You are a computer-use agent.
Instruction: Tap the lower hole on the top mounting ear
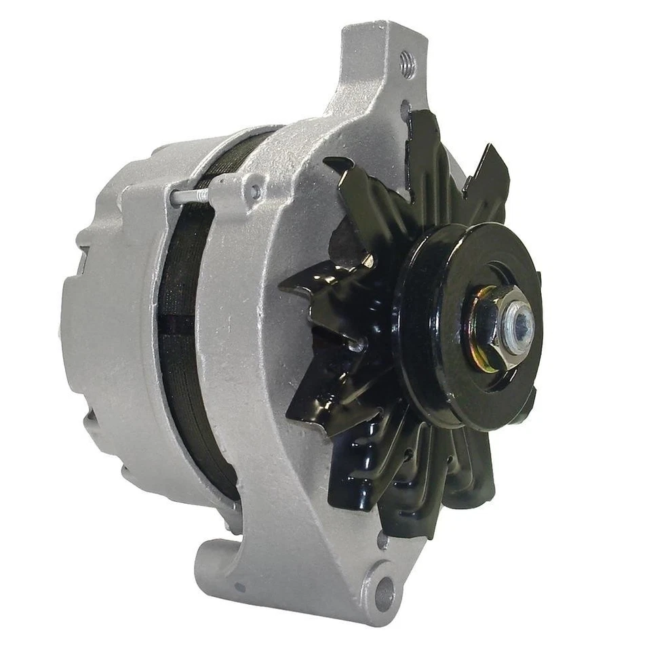(x=405, y=108)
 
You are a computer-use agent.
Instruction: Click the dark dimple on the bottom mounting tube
(x=239, y=587)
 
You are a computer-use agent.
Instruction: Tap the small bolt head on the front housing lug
(x=256, y=191)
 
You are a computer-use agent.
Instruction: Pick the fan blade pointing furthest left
(x=305, y=285)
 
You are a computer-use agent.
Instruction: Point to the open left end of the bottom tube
(x=207, y=563)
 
